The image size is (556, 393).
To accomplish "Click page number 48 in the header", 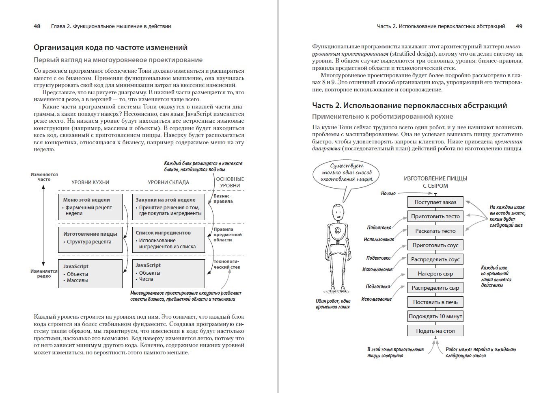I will (37, 26).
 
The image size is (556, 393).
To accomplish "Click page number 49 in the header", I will (519, 26).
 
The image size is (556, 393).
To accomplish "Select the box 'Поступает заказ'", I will (435, 202).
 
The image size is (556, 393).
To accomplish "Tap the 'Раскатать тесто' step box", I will (435, 231).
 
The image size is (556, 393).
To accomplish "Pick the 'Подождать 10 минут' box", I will (435, 316).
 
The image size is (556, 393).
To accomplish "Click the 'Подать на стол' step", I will (435, 331).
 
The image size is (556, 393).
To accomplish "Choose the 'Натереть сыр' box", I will (435, 274).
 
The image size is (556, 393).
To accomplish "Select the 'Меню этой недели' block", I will (90, 207).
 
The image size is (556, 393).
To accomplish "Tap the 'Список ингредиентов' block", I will (168, 239).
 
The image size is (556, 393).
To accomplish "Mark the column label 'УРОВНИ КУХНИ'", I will (90, 182).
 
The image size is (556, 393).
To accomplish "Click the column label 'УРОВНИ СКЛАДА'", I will (168, 182).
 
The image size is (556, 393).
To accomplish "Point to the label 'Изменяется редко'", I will (44, 274).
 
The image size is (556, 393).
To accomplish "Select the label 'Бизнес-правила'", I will (223, 198).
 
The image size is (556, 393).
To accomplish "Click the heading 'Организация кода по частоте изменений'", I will (110, 48).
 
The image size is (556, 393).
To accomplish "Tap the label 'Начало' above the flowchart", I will (388, 193).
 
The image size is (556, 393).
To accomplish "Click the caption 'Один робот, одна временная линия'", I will (333, 304).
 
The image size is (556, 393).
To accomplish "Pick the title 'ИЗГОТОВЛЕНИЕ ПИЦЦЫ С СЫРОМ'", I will (435, 182).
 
